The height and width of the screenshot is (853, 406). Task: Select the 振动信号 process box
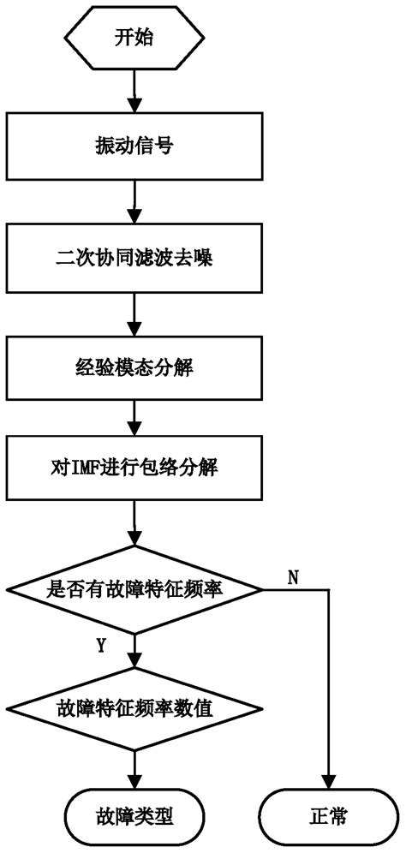coord(134,147)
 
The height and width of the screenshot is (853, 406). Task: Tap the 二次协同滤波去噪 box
coord(134,258)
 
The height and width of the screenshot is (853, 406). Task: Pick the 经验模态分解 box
coord(134,368)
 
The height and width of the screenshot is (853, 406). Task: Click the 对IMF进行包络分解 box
coord(134,469)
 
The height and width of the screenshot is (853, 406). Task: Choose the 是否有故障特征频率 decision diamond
coord(134,590)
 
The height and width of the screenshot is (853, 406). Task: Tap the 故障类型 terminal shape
coord(134,816)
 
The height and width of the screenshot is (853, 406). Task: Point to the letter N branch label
coord(293,578)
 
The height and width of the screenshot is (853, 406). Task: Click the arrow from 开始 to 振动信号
coord(134,90)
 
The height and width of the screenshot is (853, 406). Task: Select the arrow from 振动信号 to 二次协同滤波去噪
coord(134,202)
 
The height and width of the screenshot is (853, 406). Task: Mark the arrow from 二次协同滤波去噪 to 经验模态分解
coord(134,313)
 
